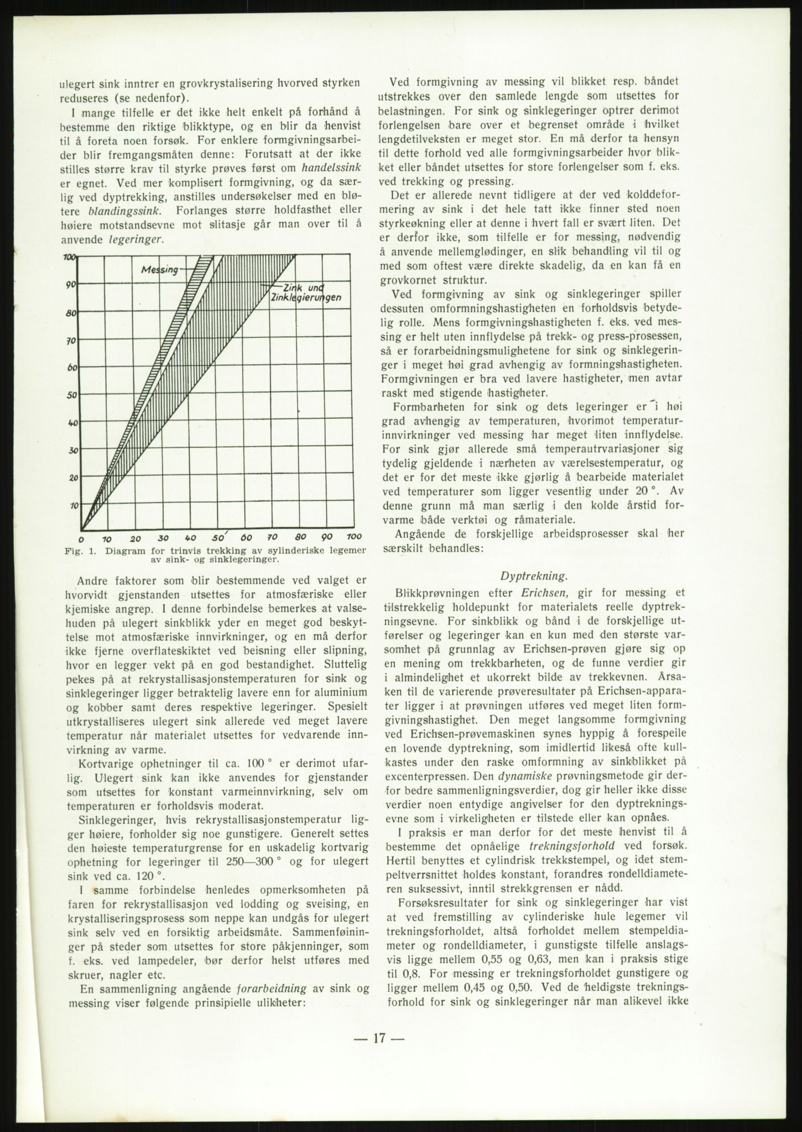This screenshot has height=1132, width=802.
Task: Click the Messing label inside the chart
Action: (x=160, y=270)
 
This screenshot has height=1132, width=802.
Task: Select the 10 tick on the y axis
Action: (x=72, y=505)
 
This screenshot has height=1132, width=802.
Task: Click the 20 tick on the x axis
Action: (x=136, y=538)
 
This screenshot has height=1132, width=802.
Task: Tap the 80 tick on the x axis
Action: (x=300, y=538)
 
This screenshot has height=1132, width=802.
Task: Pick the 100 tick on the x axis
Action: (x=353, y=538)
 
